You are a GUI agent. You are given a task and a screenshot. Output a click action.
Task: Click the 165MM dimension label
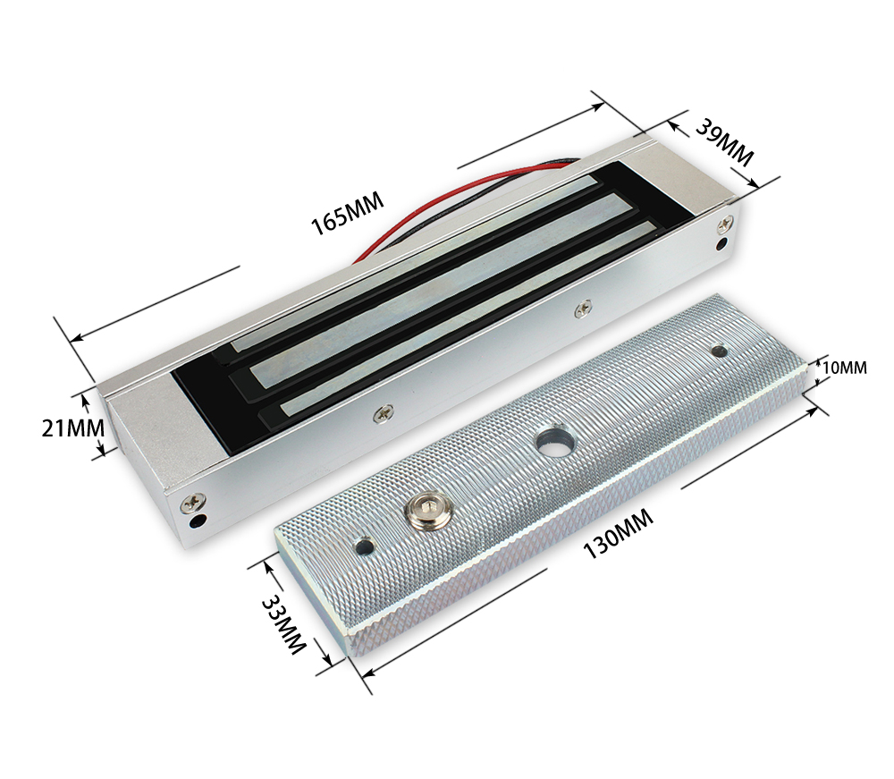tap(347, 214)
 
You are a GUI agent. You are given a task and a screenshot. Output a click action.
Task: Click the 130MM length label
tap(618, 534)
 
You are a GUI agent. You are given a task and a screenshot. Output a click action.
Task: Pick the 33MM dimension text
tap(284, 625)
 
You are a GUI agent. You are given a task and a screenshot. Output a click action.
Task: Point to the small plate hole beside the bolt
tap(363, 543)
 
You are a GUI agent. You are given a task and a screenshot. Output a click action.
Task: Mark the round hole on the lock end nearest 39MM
tap(722, 241)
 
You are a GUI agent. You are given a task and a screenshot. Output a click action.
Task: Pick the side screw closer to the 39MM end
tap(583, 308)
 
